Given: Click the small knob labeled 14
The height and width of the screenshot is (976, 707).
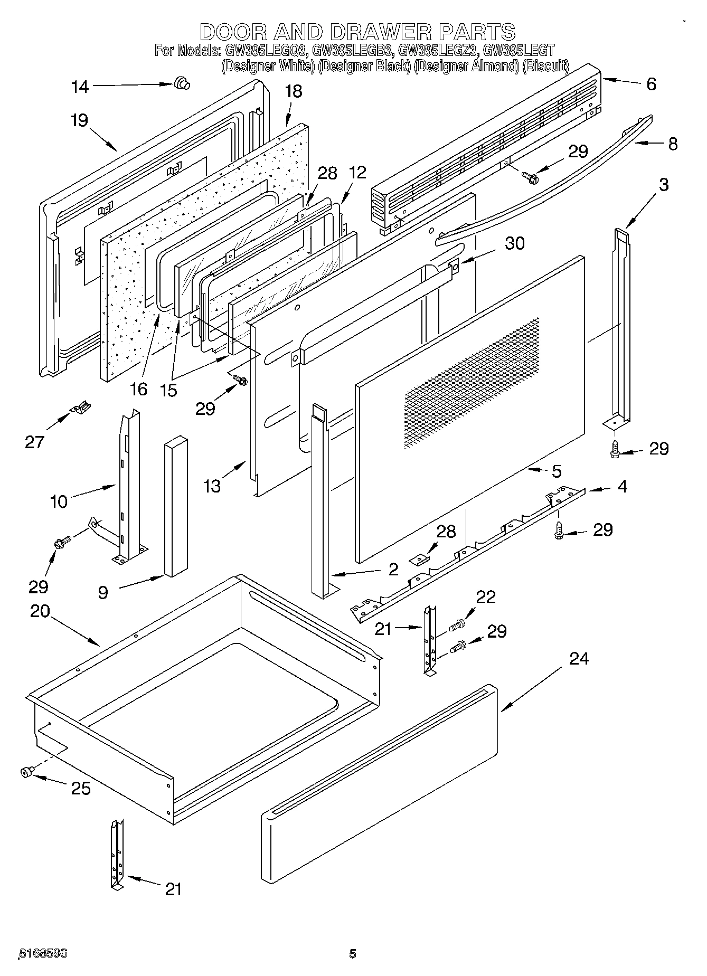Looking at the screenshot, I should click(182, 83).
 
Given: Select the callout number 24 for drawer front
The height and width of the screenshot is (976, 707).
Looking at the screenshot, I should click(579, 658).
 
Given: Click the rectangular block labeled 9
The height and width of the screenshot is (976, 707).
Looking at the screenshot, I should click(175, 507).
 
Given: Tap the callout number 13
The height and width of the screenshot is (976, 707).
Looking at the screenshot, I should click(212, 486).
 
